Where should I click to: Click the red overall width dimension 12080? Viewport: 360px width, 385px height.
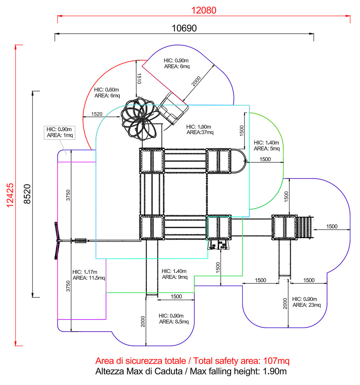click(204, 10)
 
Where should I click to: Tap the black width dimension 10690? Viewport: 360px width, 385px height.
click(184, 28)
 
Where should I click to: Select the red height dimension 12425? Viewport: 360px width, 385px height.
click(10, 195)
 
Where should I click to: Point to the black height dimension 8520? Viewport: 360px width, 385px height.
click(27, 194)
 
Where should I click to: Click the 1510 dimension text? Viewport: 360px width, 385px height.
click(139, 78)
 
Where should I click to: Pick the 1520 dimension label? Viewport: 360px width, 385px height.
click(97, 114)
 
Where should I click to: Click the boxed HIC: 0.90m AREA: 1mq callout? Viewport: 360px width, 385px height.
click(60, 133)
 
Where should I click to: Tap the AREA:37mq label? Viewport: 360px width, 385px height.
click(200, 133)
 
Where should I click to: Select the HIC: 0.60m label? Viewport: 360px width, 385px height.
click(106, 90)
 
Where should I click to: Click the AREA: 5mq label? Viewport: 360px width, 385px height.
click(267, 148)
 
